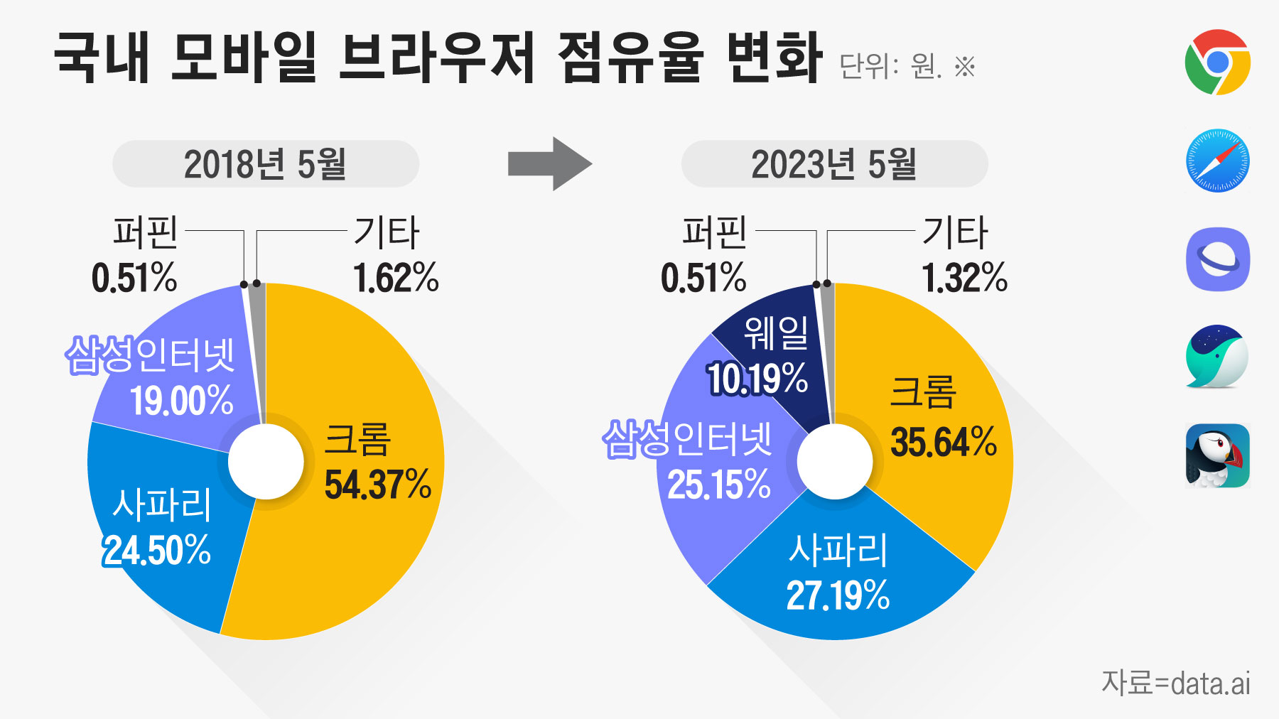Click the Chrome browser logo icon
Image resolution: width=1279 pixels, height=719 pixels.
click(x=1217, y=62)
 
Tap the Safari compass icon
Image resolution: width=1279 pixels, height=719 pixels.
click(x=1217, y=161)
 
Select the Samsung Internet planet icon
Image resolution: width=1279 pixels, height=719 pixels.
click(x=1217, y=259)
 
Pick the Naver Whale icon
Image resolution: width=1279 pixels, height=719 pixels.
click(x=1216, y=357)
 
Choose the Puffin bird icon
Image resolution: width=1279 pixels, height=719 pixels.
click(x=1217, y=455)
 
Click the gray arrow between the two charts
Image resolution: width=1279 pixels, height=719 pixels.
click(x=549, y=164)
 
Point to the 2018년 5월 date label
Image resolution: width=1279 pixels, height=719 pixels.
click(x=265, y=164)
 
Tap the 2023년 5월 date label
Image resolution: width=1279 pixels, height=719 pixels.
click(x=833, y=164)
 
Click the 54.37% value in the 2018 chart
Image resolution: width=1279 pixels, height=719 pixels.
click(x=377, y=485)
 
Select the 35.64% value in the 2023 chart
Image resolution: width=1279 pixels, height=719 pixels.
click(x=944, y=442)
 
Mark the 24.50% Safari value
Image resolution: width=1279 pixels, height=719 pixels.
click(x=158, y=551)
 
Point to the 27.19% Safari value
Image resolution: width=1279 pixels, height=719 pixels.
click(x=838, y=595)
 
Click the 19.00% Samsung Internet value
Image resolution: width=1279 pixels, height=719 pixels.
click(x=182, y=401)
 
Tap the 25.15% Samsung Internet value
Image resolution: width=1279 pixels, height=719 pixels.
click(x=719, y=485)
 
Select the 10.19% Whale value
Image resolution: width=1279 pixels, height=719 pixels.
click(x=757, y=379)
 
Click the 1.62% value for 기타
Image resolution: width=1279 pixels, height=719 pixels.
click(x=396, y=278)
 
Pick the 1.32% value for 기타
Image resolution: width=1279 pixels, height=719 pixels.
click(x=964, y=278)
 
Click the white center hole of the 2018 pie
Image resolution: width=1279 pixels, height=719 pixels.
click(x=266, y=462)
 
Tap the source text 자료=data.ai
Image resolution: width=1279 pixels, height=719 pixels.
click(x=1175, y=683)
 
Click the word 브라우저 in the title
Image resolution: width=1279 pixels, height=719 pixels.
click(x=436, y=58)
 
